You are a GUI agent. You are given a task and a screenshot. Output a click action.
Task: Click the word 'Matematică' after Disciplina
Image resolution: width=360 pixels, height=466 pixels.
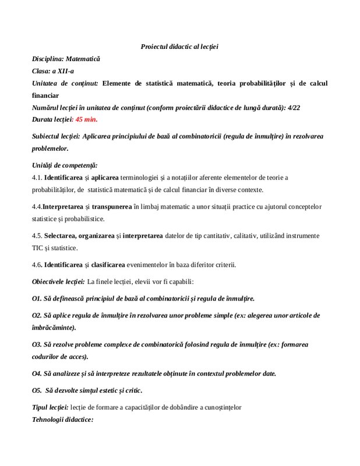(x=83, y=59)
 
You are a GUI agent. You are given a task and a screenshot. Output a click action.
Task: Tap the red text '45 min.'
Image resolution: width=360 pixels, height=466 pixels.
(x=86, y=119)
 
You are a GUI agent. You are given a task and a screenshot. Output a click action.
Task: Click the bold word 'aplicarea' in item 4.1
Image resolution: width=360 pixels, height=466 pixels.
(x=104, y=178)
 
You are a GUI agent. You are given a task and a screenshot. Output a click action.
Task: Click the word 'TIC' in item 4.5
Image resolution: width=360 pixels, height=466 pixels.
(x=38, y=248)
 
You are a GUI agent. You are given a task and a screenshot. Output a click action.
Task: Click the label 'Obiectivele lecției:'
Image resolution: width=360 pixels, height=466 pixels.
(x=58, y=282)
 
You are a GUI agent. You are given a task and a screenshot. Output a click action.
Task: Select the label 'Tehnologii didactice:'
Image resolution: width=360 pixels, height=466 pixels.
(x=62, y=419)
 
